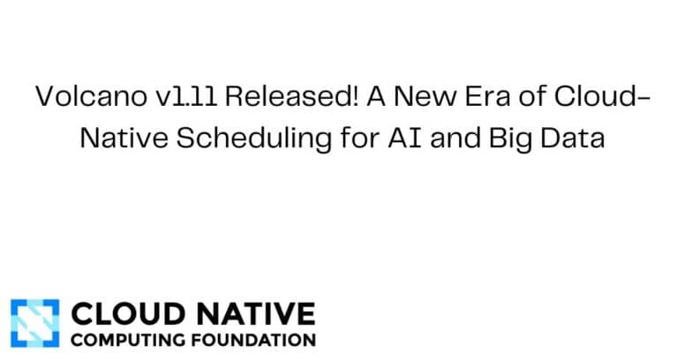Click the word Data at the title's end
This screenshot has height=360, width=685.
point(569,139)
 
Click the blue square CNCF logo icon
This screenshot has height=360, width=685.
point(34,324)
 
